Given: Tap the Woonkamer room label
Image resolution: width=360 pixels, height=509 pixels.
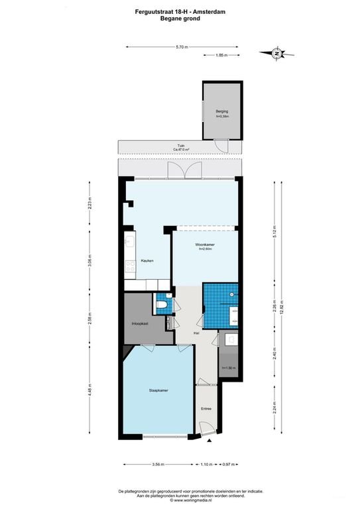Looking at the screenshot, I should pos(204,245).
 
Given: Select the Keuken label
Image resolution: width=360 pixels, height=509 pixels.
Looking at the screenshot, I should pos(147,261).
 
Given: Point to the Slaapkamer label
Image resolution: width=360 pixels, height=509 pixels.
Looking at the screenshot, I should pos(158,390).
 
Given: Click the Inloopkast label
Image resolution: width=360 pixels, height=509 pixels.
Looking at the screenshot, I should pos(140,323).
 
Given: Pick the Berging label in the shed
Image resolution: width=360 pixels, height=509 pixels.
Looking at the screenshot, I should pos(221,111).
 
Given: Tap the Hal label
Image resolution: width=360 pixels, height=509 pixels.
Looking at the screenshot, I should pos(196,333).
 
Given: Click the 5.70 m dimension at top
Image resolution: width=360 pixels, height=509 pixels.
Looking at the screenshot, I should pos(182,47).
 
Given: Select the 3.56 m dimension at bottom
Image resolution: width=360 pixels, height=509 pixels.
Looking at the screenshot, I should pos(156,464).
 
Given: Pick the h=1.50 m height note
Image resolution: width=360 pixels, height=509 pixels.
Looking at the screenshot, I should pos(229,368).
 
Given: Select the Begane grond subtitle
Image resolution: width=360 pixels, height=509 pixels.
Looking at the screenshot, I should pos(180,19).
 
